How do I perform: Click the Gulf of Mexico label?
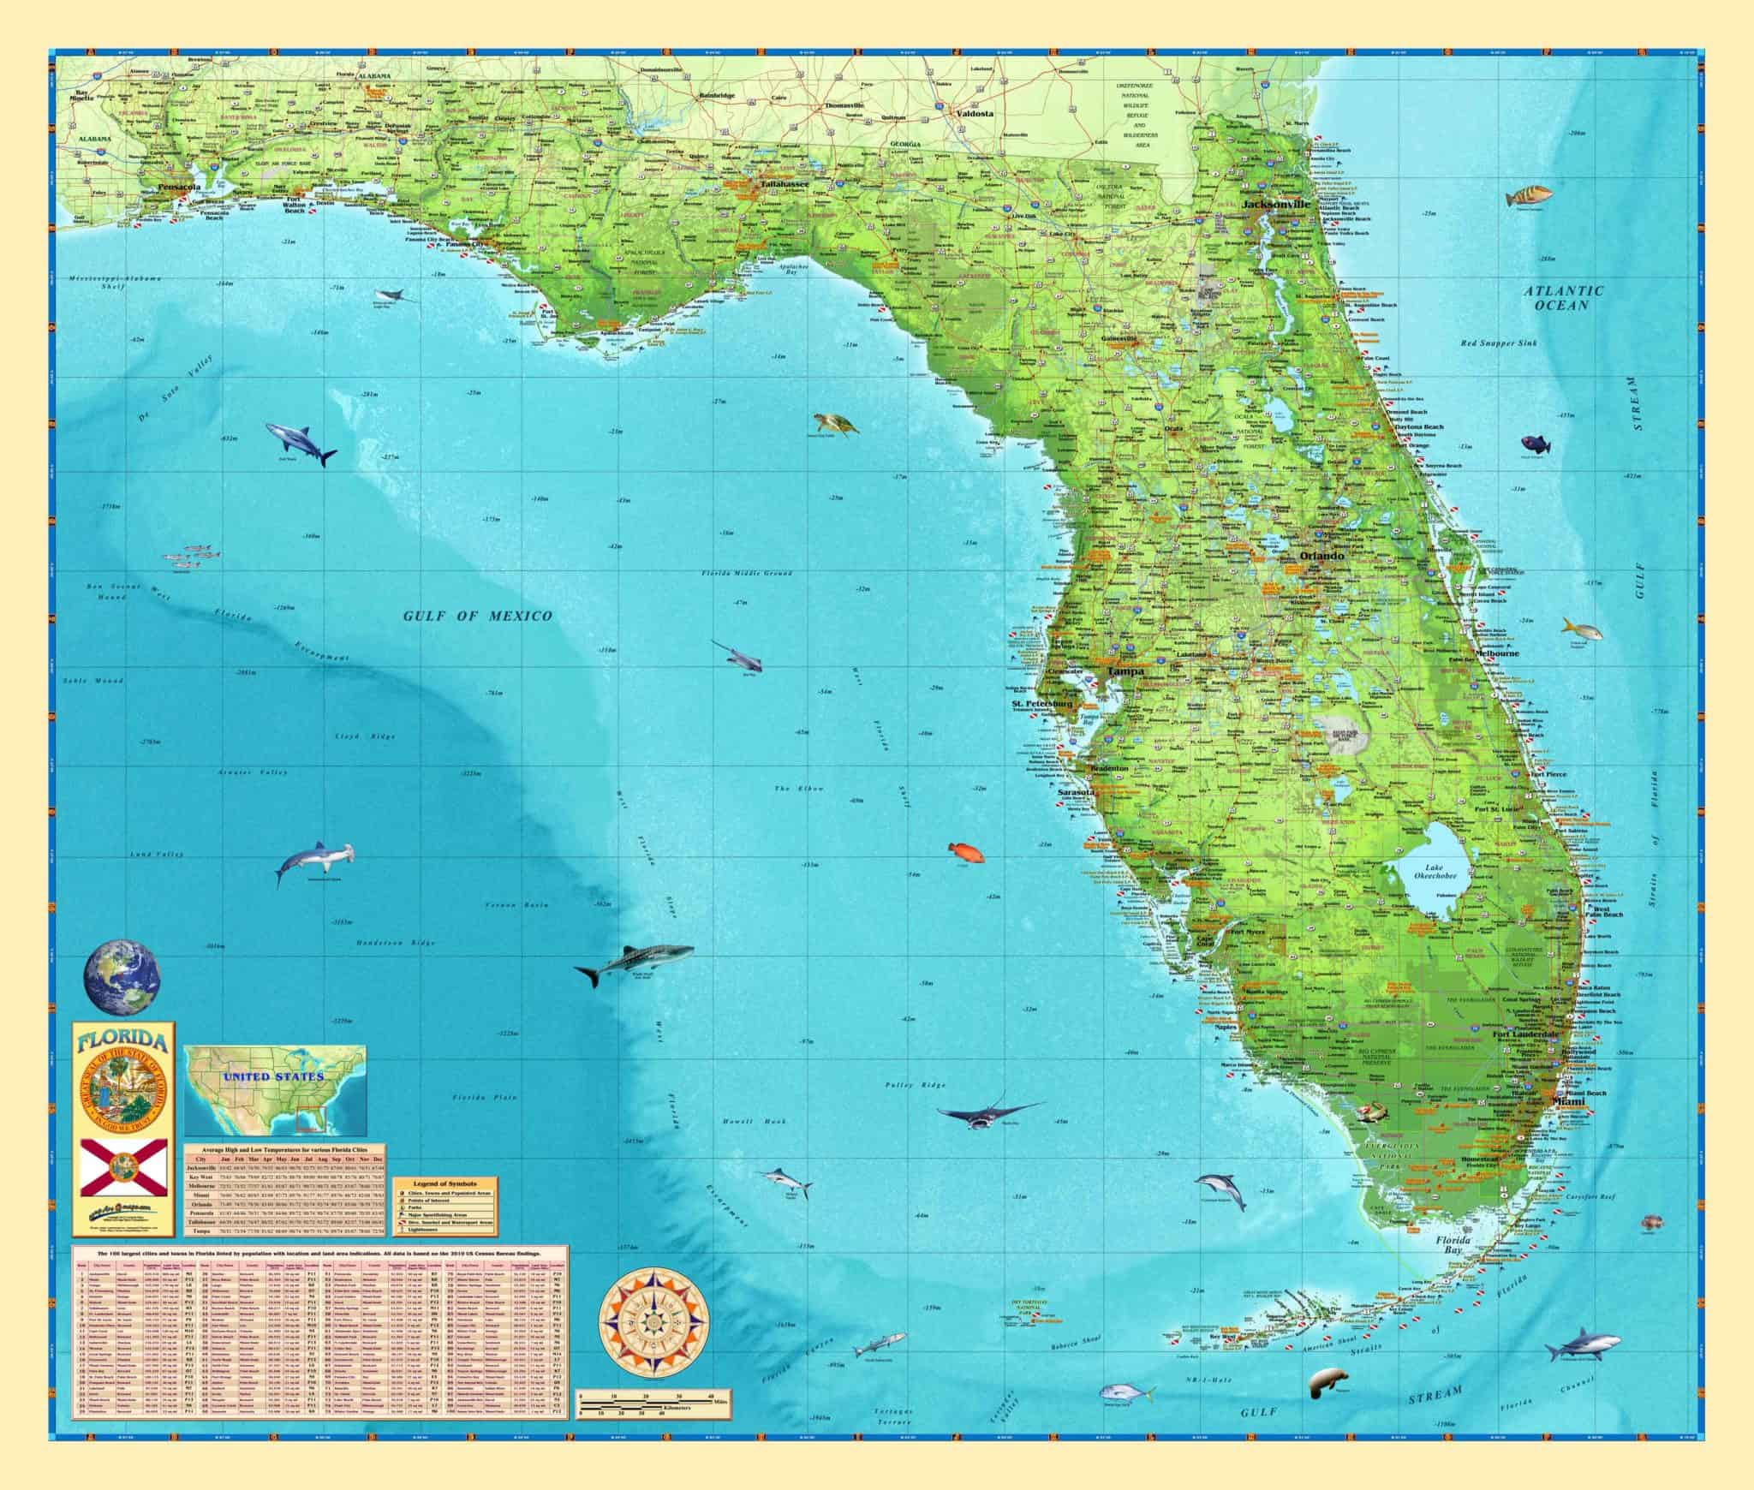coord(479,616)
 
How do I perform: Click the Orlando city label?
coord(1322,556)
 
